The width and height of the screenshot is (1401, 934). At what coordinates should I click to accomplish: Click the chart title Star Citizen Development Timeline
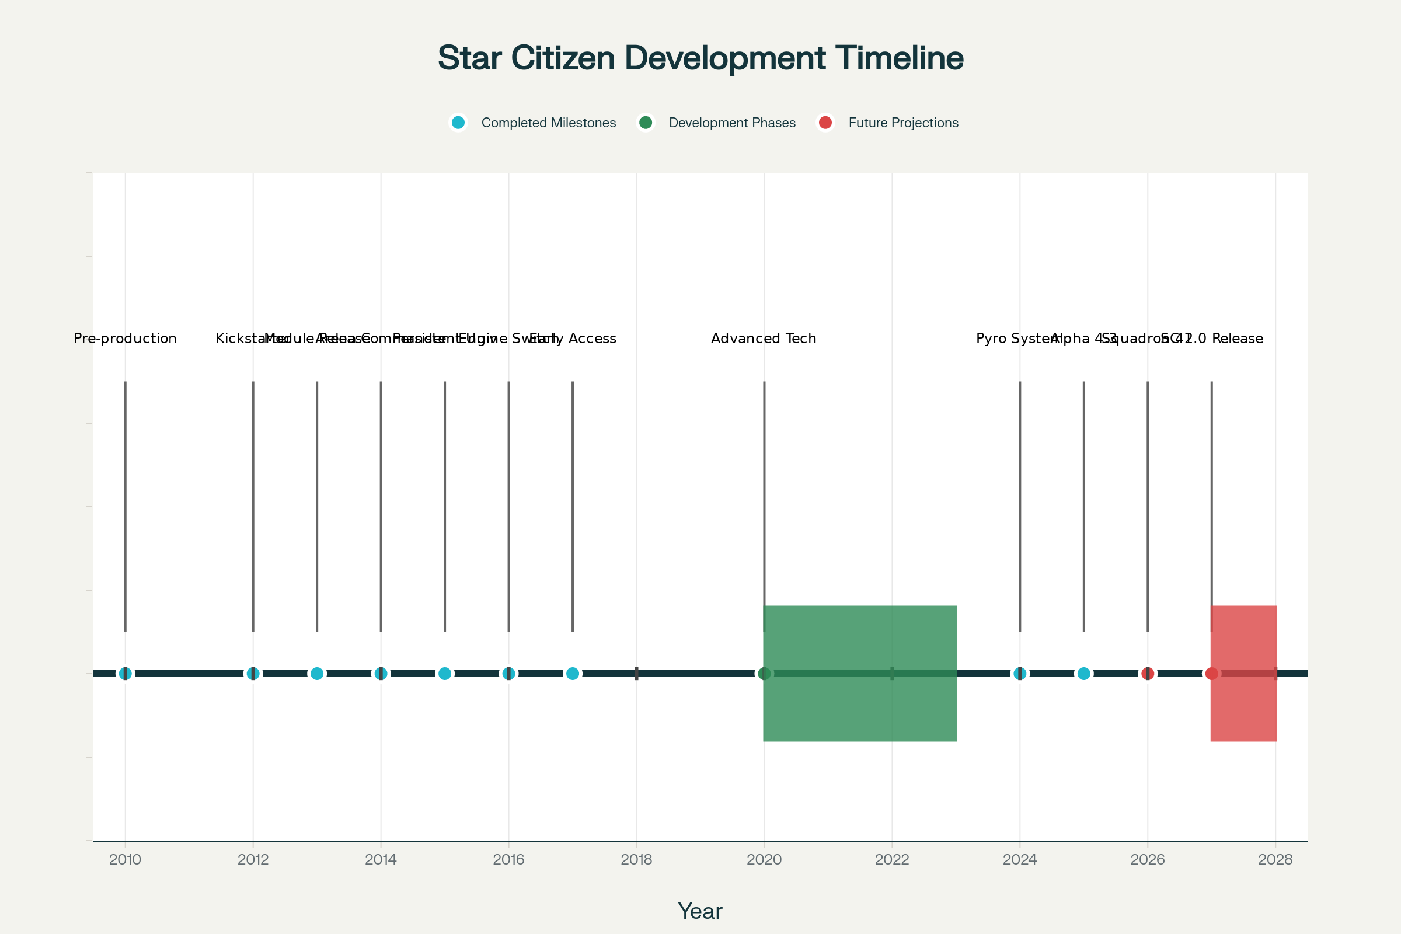pyautogui.click(x=700, y=58)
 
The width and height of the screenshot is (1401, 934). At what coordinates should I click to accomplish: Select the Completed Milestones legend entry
pyautogui.click(x=548, y=123)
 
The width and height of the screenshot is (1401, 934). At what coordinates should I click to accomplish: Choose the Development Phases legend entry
pyautogui.click(x=731, y=123)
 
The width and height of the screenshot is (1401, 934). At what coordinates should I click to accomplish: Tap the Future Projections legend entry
pyautogui.click(x=903, y=123)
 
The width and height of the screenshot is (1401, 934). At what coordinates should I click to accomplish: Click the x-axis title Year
pyautogui.click(x=700, y=911)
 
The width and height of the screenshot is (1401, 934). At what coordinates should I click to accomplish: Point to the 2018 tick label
pyautogui.click(x=636, y=859)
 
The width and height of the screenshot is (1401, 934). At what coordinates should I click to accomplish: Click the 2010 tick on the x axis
pyautogui.click(x=125, y=859)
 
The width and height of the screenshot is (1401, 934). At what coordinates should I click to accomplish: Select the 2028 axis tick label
pyautogui.click(x=1275, y=859)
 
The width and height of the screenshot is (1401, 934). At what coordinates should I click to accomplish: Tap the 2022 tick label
pyautogui.click(x=892, y=859)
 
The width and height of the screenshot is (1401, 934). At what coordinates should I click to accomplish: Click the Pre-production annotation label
pyautogui.click(x=125, y=339)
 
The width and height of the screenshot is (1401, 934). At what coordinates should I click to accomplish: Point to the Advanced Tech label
pyautogui.click(x=764, y=339)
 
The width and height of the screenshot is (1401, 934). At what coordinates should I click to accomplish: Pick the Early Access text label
pyautogui.click(x=573, y=339)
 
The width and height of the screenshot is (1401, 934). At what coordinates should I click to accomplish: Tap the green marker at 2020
pyautogui.click(x=764, y=674)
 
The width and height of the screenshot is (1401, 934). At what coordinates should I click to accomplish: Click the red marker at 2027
pyautogui.click(x=1212, y=674)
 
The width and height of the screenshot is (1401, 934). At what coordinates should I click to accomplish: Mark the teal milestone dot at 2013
pyautogui.click(x=317, y=674)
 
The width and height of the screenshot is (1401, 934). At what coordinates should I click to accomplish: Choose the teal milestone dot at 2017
pyautogui.click(x=573, y=674)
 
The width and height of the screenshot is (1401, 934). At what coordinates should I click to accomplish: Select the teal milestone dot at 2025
pyautogui.click(x=1083, y=674)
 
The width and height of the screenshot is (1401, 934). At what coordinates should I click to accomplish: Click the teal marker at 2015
pyautogui.click(x=445, y=674)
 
